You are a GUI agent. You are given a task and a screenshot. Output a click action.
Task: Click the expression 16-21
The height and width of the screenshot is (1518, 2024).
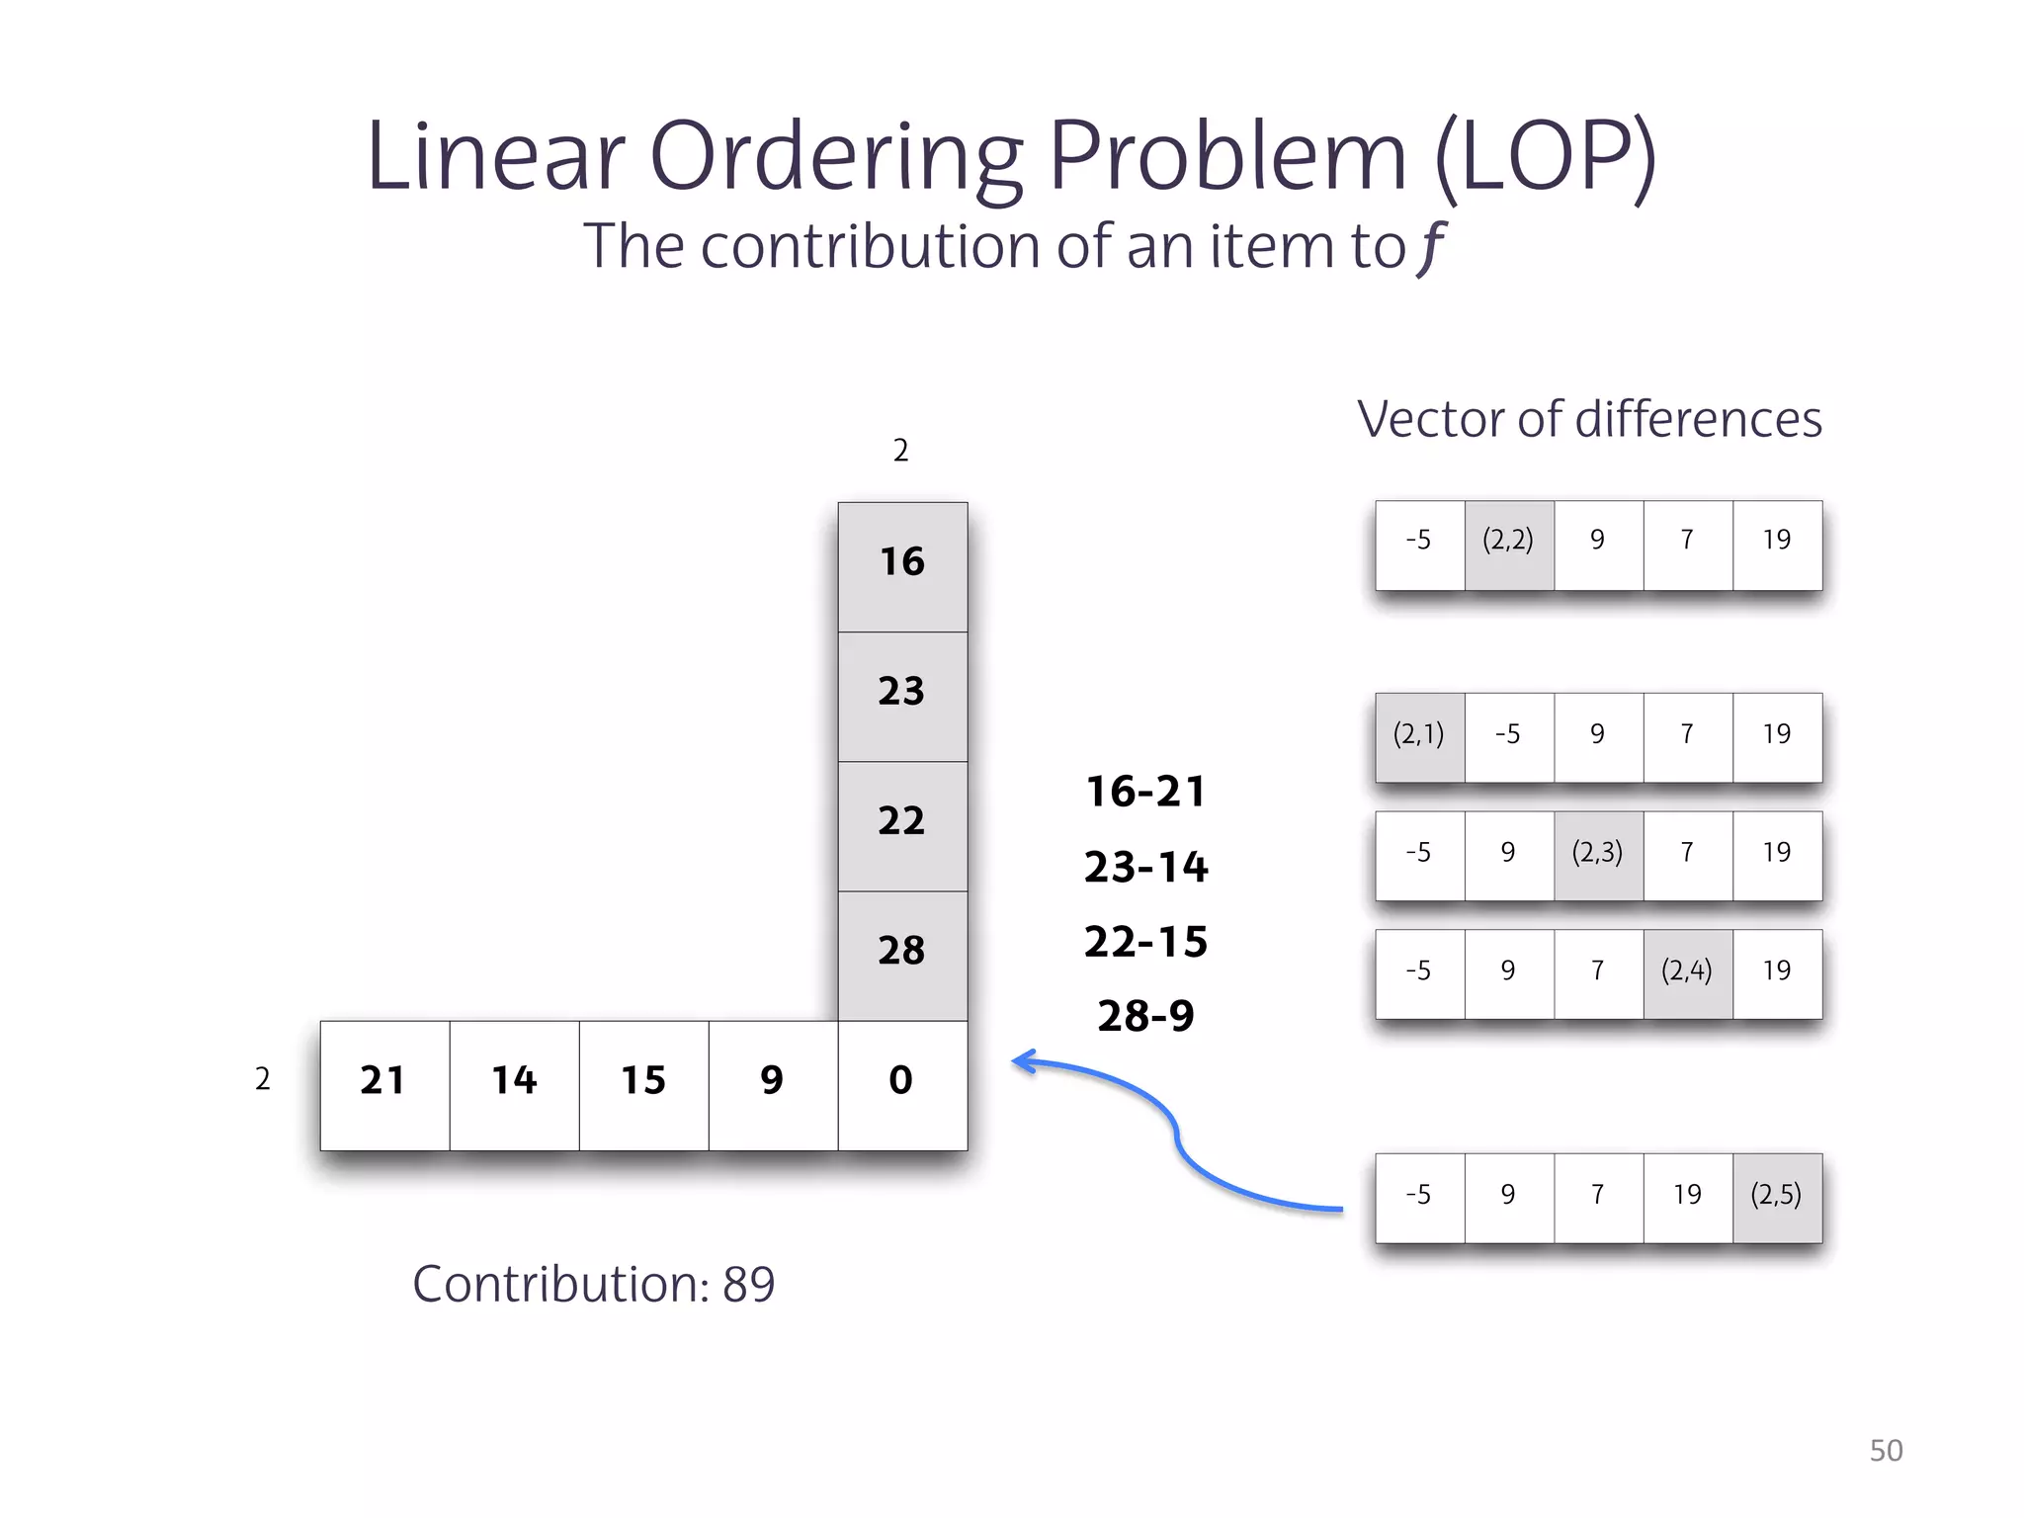point(1146,792)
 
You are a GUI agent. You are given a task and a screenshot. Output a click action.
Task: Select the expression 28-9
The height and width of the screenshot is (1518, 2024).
point(1146,1016)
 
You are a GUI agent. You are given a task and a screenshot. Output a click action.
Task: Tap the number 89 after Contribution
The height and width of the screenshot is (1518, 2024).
point(748,1284)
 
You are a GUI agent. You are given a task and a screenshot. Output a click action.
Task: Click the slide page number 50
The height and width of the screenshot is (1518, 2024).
point(1886,1450)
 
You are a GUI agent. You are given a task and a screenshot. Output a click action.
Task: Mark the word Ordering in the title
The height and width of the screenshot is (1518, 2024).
point(835,158)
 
